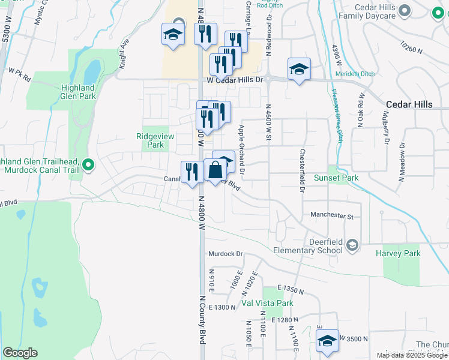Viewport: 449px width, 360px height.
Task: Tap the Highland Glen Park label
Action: (79, 92)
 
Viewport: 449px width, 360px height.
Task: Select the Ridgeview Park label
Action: (155, 140)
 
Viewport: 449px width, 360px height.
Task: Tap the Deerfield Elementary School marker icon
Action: (352, 245)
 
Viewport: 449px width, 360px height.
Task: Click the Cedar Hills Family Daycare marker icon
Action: (405, 10)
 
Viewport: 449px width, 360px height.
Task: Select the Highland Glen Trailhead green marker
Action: (88, 164)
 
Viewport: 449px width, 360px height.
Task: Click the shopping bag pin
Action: (215, 170)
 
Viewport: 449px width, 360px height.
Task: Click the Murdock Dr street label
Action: (225, 254)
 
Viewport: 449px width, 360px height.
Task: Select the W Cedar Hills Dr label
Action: (235, 80)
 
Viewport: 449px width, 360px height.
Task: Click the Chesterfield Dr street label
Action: (302, 170)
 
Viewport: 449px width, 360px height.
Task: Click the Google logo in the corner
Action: (20, 353)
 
